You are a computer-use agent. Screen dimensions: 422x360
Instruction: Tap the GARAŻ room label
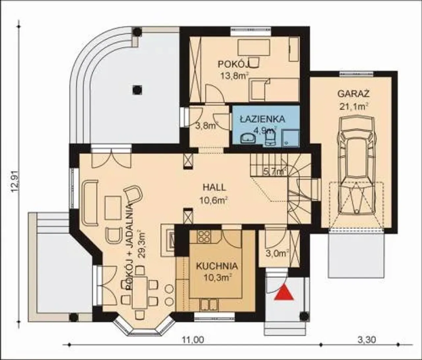(x=354, y=94)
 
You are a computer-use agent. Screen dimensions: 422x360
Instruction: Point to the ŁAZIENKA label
(x=262, y=119)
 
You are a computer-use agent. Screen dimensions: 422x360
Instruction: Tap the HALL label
(x=214, y=187)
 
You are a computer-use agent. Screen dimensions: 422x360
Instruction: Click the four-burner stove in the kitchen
(x=204, y=236)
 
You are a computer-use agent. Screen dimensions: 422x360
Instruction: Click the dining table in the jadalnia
(x=140, y=292)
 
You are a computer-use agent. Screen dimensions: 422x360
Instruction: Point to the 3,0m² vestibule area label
(x=278, y=254)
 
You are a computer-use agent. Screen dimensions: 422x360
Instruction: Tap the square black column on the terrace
(x=137, y=89)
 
